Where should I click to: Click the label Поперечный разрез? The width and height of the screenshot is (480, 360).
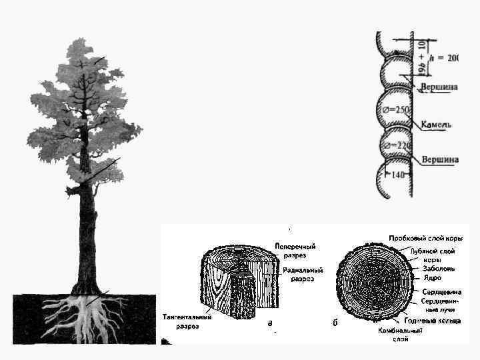[295, 251]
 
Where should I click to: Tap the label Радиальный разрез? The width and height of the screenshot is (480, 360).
[303, 275]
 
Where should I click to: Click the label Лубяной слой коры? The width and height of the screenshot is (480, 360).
[438, 256]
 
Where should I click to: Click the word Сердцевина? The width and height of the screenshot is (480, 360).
[441, 292]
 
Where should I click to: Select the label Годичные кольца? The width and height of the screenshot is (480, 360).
[431, 321]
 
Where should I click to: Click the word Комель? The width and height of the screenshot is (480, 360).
[437, 124]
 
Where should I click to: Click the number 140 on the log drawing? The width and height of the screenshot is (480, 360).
[398, 175]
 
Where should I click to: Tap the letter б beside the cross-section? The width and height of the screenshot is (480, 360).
[334, 323]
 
